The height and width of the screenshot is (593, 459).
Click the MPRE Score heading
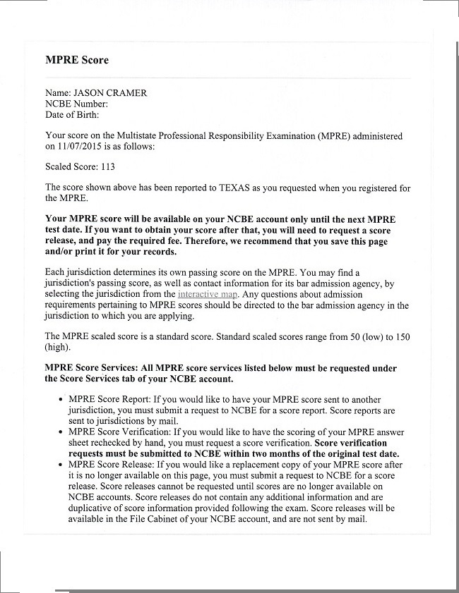coord(77,61)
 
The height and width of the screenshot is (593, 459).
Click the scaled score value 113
coord(107,167)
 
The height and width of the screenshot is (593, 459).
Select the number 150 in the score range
coord(402,336)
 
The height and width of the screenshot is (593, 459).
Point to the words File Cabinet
coord(201,519)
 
